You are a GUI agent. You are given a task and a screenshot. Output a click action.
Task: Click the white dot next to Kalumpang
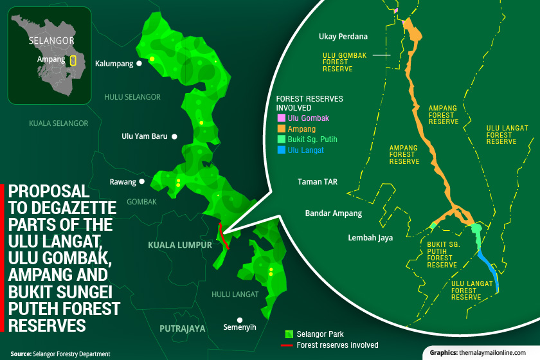point(139,64)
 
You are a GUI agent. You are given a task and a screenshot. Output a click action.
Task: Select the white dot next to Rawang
point(142,182)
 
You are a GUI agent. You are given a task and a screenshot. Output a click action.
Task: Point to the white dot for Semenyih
point(240,319)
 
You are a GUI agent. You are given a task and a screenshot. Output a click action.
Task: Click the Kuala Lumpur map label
point(180,245)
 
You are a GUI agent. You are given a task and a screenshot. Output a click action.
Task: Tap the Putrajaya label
point(183,328)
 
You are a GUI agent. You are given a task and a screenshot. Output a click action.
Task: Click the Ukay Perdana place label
point(343,37)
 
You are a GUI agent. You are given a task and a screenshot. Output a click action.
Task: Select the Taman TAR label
point(318,182)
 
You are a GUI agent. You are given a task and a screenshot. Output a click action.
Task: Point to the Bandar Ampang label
point(334,213)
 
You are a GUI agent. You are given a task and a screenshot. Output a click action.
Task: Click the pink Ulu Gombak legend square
point(281,118)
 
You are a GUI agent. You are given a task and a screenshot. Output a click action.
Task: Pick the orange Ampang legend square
point(281,129)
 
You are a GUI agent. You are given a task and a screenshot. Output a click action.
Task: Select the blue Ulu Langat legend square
point(281,150)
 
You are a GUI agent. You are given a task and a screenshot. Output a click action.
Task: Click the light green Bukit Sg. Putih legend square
point(281,139)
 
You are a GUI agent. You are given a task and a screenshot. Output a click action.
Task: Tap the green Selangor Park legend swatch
point(289,334)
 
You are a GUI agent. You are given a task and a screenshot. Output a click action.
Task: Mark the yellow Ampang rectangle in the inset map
point(73,61)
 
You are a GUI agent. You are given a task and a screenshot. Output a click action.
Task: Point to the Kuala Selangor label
point(58,122)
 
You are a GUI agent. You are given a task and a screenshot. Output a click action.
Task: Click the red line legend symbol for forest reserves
point(289,345)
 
